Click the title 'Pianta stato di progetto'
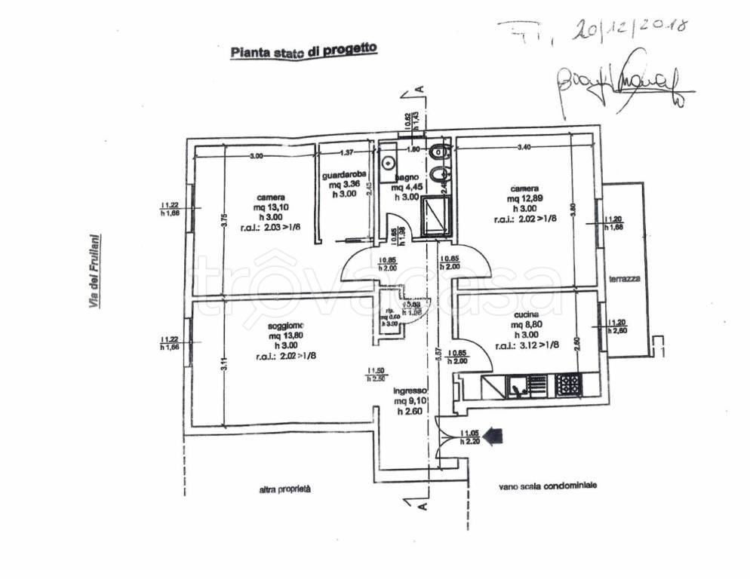point(303,51)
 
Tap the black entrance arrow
point(493,435)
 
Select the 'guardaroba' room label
point(343,174)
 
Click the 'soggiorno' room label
point(284,326)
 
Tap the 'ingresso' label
point(410,391)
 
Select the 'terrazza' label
point(626,278)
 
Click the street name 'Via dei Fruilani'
point(95,271)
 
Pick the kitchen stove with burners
point(568,386)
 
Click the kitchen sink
point(518,386)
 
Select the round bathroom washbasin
point(389,161)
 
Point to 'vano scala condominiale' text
point(547,486)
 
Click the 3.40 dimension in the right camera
point(523,148)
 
